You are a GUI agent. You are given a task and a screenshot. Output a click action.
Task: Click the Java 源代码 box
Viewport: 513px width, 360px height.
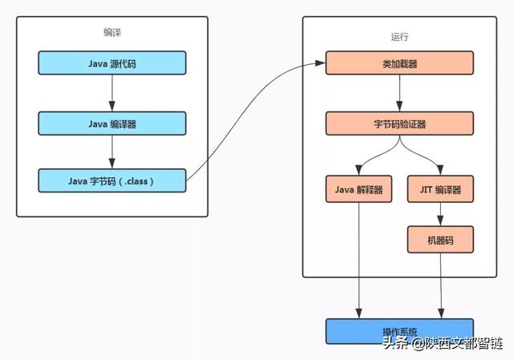tap(112, 63)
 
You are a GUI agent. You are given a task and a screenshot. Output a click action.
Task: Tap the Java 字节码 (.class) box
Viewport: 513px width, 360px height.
tap(112, 181)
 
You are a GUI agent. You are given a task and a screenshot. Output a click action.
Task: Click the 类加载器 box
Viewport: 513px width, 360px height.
tap(399, 63)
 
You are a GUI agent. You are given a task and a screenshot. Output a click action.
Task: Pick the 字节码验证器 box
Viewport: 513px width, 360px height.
tap(399, 124)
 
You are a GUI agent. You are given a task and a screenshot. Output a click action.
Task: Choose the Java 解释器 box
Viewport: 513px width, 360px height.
tap(358, 190)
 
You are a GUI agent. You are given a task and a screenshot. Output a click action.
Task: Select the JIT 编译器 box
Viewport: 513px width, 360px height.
tap(440, 190)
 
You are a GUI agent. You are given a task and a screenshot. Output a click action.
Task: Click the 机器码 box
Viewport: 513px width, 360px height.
tap(440, 238)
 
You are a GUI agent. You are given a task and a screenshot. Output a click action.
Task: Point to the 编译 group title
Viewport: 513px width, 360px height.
tap(112, 33)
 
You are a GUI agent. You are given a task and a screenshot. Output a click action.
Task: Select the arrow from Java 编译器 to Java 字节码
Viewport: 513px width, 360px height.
tap(112, 152)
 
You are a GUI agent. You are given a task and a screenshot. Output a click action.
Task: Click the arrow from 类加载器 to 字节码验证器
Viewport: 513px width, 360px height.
tap(399, 94)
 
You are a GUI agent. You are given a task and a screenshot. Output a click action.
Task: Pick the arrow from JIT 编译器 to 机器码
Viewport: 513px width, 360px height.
tap(440, 214)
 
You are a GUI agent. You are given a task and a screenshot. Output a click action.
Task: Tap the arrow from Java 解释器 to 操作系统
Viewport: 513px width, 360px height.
tap(358, 265)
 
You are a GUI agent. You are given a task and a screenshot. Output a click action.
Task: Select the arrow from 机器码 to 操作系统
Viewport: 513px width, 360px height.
tap(440, 285)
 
